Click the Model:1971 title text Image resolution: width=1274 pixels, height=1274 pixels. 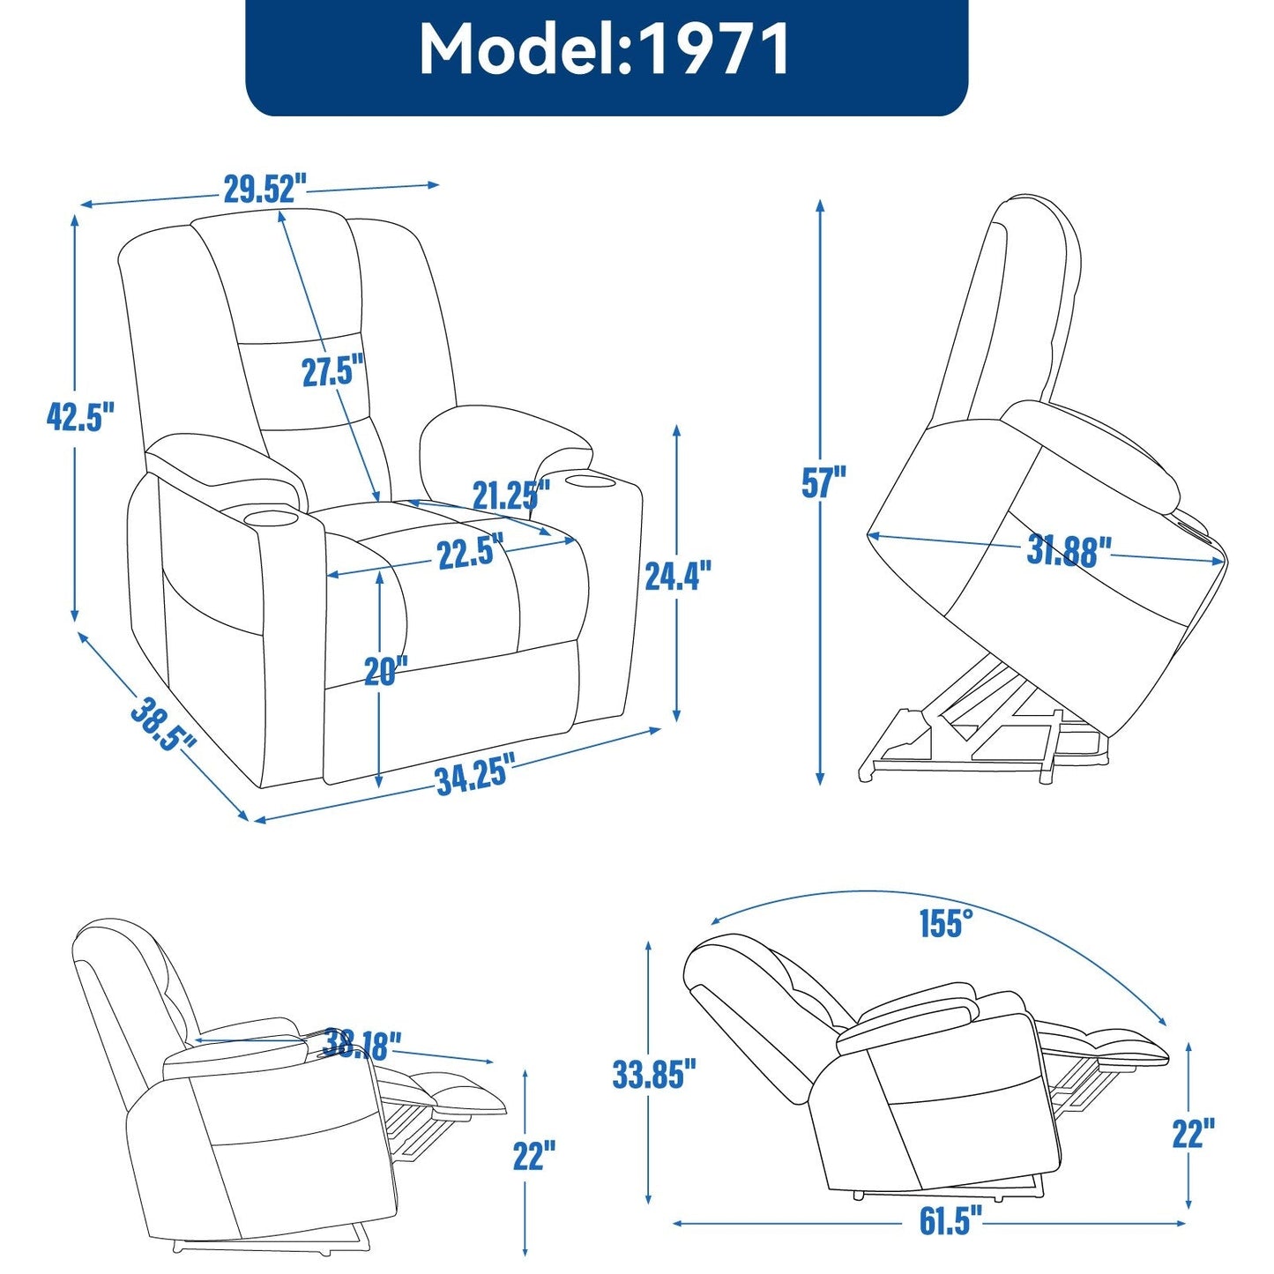click(x=605, y=49)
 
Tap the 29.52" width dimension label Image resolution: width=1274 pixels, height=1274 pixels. click(x=264, y=189)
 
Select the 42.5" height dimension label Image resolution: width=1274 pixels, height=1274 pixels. click(x=80, y=416)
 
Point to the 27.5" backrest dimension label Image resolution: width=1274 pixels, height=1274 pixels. click(x=332, y=371)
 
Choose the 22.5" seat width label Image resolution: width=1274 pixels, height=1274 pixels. click(x=470, y=553)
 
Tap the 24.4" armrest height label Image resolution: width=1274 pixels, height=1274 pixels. click(x=677, y=576)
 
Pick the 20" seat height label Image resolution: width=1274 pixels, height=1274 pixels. click(x=386, y=672)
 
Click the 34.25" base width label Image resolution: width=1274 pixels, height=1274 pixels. click(x=474, y=776)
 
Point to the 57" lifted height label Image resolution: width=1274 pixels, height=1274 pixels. click(x=823, y=482)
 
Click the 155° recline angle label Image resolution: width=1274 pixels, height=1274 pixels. click(x=946, y=923)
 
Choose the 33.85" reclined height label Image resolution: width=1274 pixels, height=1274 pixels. click(x=653, y=1074)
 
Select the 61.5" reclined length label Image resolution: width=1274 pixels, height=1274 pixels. click(x=950, y=1221)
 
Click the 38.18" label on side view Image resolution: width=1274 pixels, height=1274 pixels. click(x=361, y=1044)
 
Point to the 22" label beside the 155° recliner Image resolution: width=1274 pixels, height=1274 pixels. click(x=1193, y=1133)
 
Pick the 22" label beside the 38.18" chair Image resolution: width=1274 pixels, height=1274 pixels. click(x=534, y=1155)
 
